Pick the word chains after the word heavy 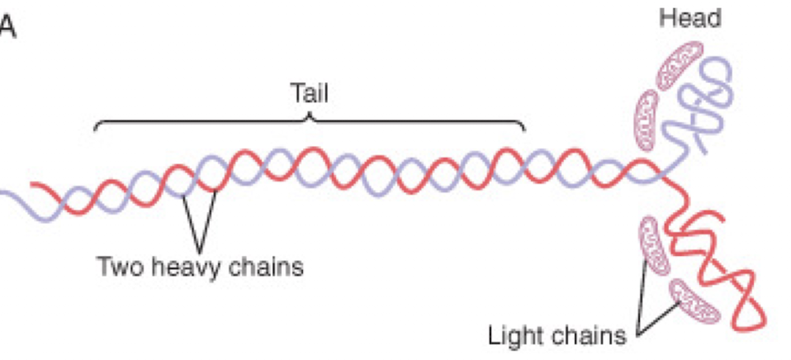265,268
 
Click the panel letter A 7,26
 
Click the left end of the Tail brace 97,128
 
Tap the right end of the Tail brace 524,128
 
